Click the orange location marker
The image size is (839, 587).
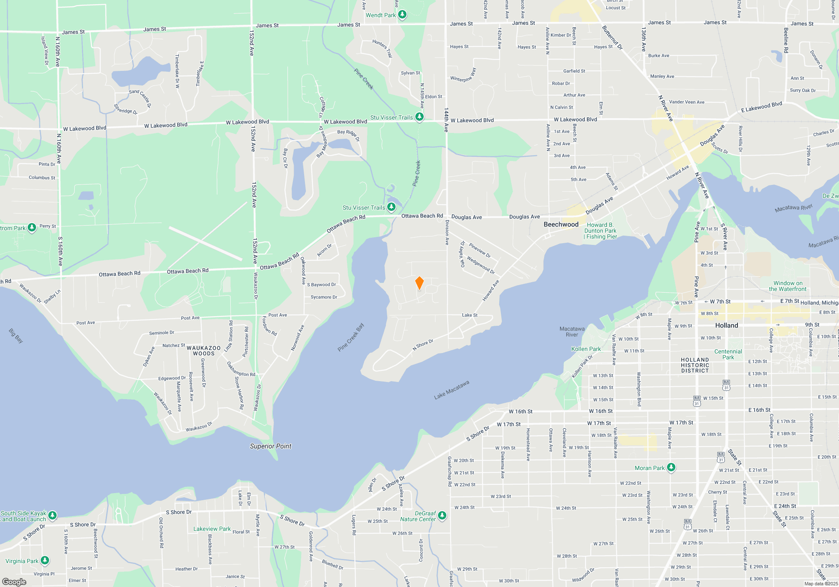coord(419,283)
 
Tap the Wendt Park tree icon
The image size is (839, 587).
coord(402,15)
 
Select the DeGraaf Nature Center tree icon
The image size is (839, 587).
coord(442,515)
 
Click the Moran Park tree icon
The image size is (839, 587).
coord(671,467)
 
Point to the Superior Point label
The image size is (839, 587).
coord(271,446)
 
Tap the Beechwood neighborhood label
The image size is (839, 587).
coord(561,224)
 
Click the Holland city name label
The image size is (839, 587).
coord(727,325)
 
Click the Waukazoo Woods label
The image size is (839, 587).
coord(203,351)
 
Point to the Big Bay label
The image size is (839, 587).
coord(16,336)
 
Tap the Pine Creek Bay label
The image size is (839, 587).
coord(351,337)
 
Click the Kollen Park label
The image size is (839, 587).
coord(586,349)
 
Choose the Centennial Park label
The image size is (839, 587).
coord(728,354)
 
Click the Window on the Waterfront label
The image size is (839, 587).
coord(787,286)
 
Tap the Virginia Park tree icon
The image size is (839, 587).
coord(45,560)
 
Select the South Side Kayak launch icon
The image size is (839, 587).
coord(52,515)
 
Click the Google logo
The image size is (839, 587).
coord(14,582)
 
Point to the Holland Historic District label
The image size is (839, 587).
coord(695,365)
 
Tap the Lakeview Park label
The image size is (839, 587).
coord(212,529)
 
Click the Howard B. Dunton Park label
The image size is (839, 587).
coord(600,231)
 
